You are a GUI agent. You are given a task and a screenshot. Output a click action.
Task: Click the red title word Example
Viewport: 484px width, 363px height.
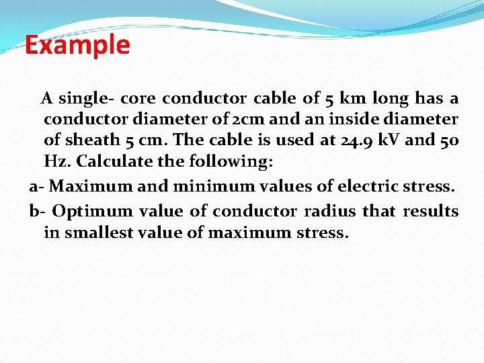(x=77, y=45)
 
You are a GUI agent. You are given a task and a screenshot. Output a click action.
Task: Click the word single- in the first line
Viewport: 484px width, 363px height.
(x=83, y=99)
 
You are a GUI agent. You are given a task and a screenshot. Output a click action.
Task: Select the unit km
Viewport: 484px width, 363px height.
(x=353, y=99)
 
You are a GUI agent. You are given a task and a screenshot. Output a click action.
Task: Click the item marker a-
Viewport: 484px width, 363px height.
(x=37, y=186)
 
